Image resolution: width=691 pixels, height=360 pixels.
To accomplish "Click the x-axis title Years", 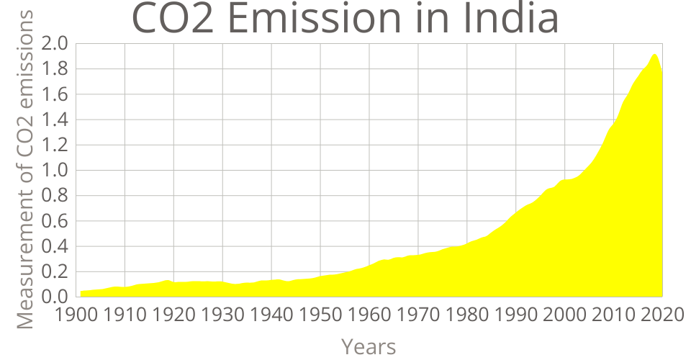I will [x=369, y=346].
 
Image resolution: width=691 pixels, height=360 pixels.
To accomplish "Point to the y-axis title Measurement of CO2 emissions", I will [x=25, y=170].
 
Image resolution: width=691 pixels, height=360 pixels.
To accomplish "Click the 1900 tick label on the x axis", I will [x=76, y=315].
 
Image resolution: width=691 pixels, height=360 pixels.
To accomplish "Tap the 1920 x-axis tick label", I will [x=173, y=315].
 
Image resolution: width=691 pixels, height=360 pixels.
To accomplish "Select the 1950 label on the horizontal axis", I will [x=320, y=315].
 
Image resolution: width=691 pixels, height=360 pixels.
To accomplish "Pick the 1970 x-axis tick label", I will [x=418, y=315].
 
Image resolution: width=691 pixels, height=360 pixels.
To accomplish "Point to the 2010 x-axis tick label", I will [x=613, y=315].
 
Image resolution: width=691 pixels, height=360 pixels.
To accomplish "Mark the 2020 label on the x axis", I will [x=661, y=315].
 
